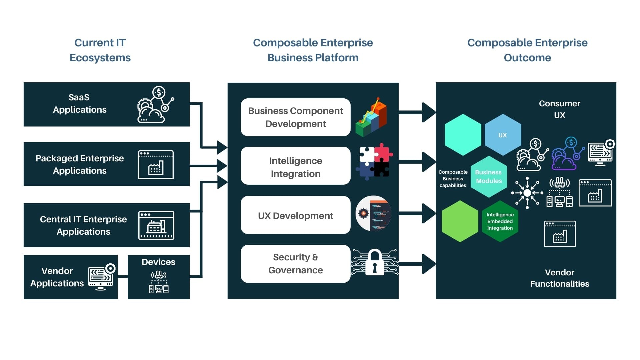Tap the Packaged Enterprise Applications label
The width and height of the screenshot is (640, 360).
[80, 164]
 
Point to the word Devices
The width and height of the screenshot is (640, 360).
[158, 262]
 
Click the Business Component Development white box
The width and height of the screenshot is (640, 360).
[295, 117]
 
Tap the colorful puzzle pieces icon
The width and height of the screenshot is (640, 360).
[374, 162]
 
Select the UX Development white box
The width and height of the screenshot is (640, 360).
[295, 215]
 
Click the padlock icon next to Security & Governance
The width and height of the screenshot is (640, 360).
[375, 263]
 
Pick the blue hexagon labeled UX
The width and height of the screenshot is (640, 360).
[502, 135]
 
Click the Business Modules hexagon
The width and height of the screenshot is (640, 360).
[489, 177]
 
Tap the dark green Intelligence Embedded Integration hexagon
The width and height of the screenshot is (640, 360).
[500, 221]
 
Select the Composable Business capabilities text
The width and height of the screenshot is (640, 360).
[453, 179]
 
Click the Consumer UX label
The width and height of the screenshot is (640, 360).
[559, 109]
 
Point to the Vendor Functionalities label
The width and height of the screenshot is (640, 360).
[559, 278]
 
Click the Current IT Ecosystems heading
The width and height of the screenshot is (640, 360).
[100, 50]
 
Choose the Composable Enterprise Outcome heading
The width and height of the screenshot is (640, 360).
[527, 50]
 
